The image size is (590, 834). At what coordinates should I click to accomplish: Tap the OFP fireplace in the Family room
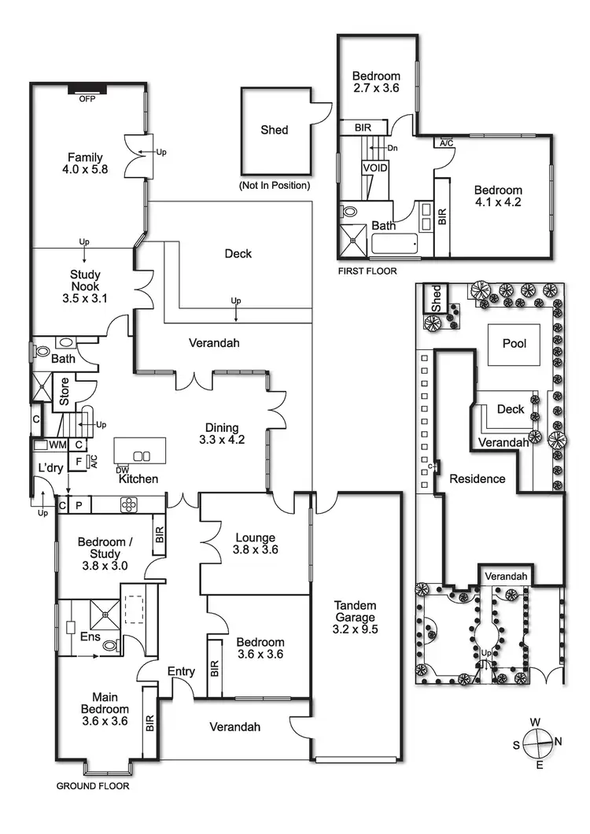(x=87, y=87)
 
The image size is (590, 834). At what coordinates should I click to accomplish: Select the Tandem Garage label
(x=355, y=617)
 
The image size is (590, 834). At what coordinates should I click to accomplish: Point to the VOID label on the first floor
(x=374, y=168)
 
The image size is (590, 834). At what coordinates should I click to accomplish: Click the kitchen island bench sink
(x=141, y=456)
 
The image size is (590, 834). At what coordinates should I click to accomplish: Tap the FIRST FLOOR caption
(x=367, y=271)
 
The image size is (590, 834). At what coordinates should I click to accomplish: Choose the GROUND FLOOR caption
(x=93, y=785)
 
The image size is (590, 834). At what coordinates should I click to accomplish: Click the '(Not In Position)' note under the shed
(x=274, y=186)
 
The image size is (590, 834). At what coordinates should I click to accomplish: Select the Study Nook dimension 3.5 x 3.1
(x=84, y=299)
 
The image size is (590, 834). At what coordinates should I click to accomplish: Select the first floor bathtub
(x=395, y=245)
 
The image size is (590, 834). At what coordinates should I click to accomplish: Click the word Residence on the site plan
(x=478, y=478)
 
